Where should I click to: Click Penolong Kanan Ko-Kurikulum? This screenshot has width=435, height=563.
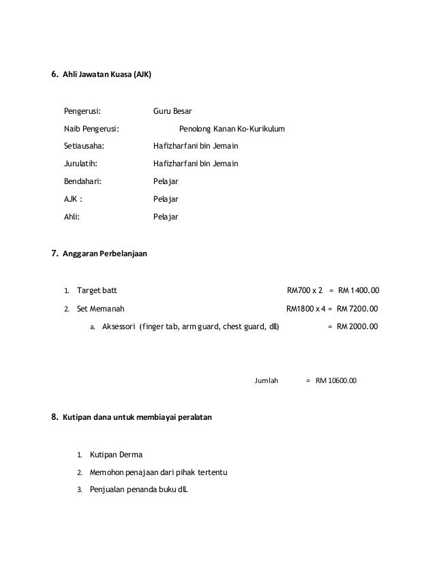click(x=232, y=128)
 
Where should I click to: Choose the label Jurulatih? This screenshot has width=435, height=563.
click(x=81, y=164)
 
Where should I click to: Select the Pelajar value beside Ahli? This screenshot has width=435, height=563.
click(x=166, y=217)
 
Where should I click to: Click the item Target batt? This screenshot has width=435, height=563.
click(x=97, y=290)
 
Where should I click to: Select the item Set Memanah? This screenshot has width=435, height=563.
click(x=100, y=307)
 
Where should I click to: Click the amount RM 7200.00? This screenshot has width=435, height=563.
click(x=357, y=307)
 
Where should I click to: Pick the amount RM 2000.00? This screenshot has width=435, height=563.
click(x=359, y=326)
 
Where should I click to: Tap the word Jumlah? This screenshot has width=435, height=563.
click(x=267, y=380)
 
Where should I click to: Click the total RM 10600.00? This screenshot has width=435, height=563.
click(x=337, y=380)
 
